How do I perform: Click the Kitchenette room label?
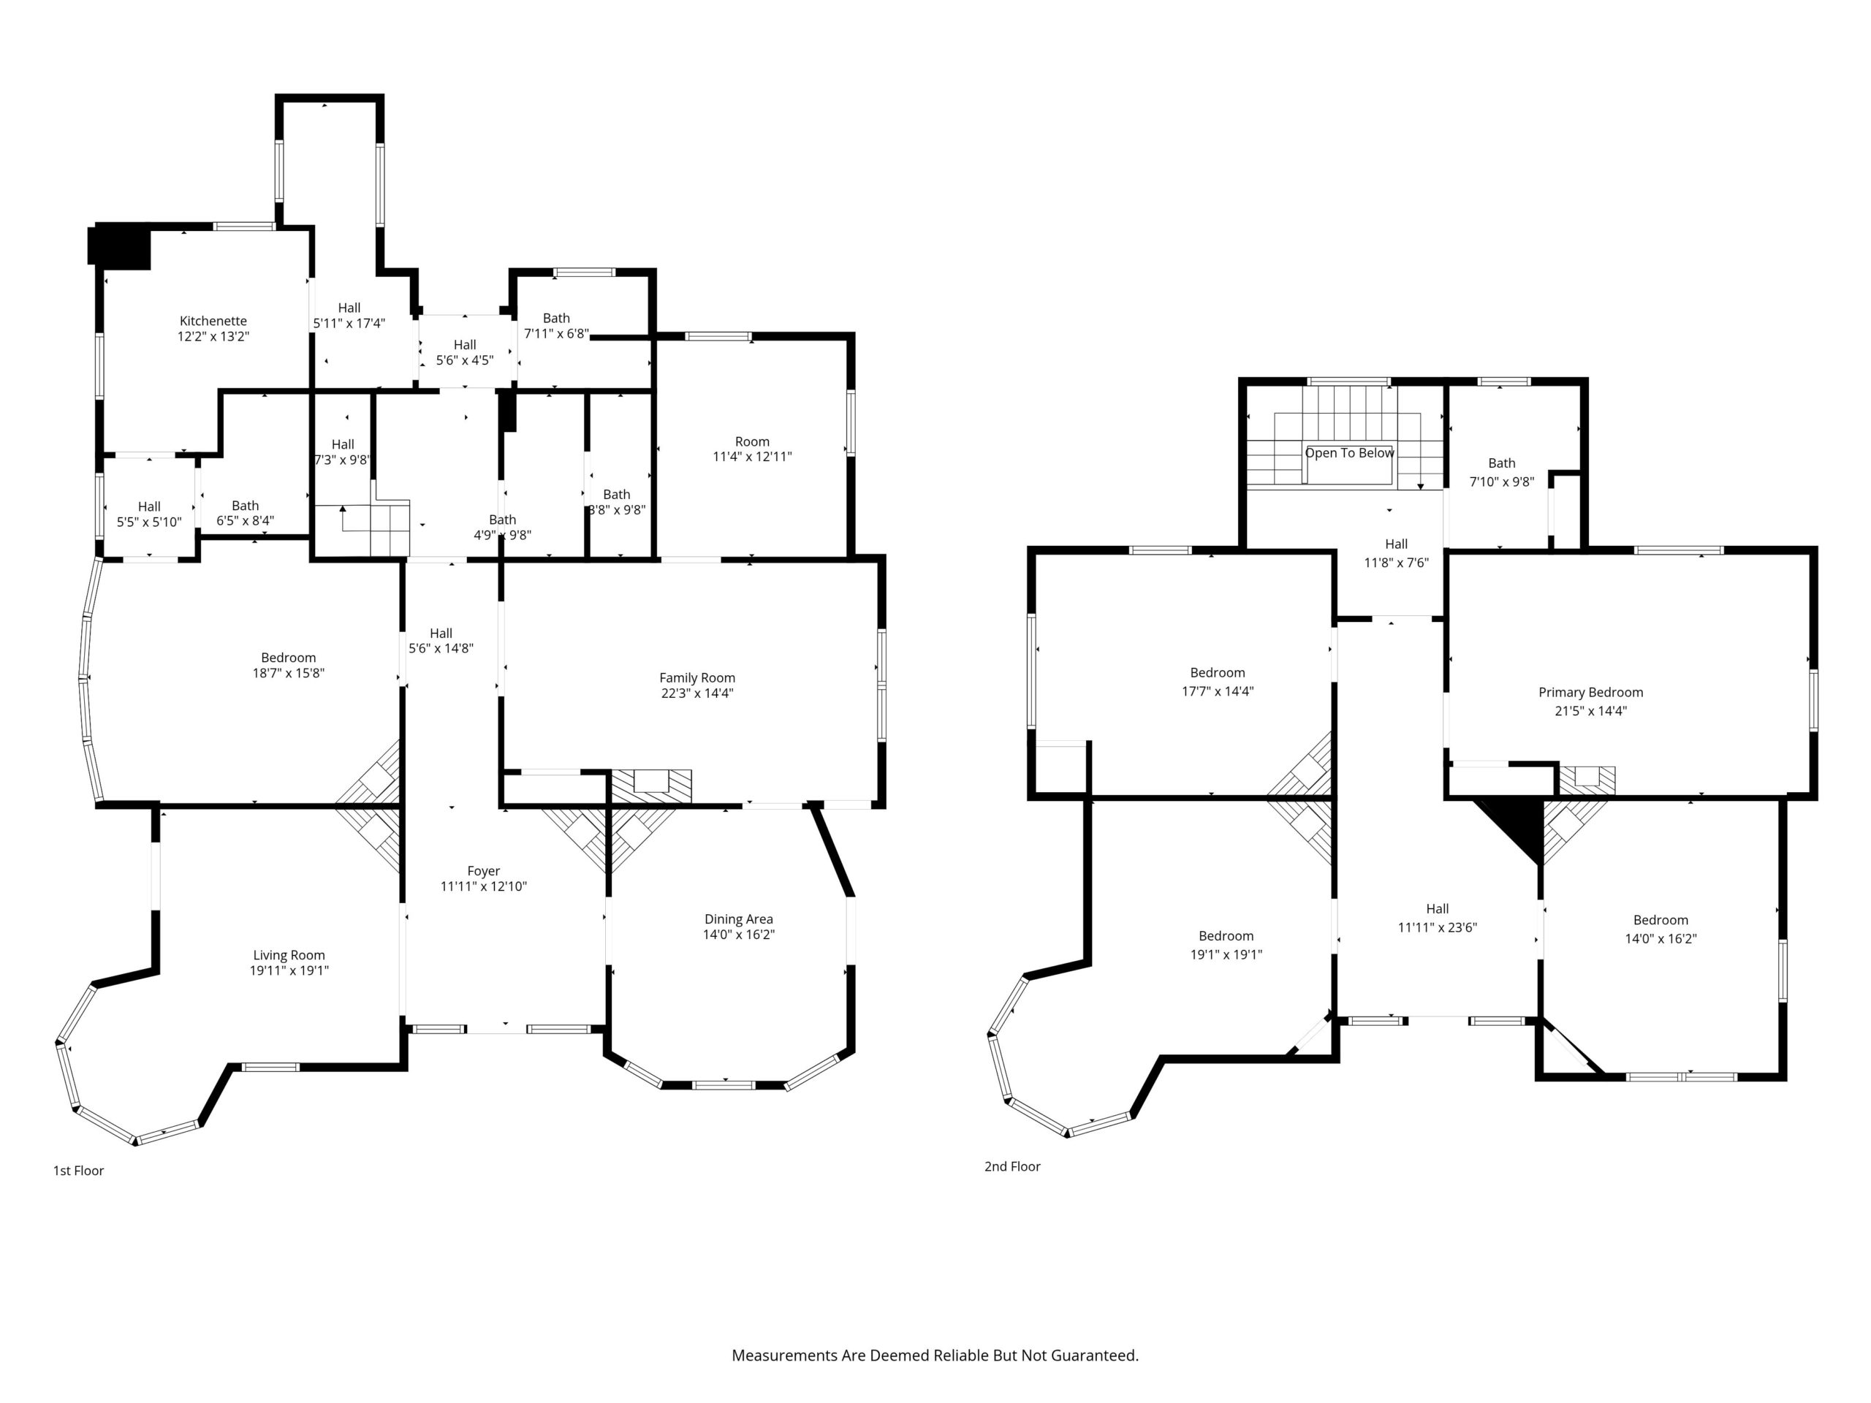[213, 322]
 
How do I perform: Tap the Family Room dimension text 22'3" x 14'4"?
[697, 693]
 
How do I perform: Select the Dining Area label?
[738, 919]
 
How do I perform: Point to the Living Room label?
[289, 956]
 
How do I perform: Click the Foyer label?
[484, 871]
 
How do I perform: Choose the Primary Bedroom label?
[1591, 693]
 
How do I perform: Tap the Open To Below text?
[1349, 453]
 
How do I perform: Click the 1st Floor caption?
[79, 1171]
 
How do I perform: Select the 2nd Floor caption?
[1012, 1166]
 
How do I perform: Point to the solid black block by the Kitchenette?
[119, 247]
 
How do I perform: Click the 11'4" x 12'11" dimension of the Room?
[752, 457]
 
